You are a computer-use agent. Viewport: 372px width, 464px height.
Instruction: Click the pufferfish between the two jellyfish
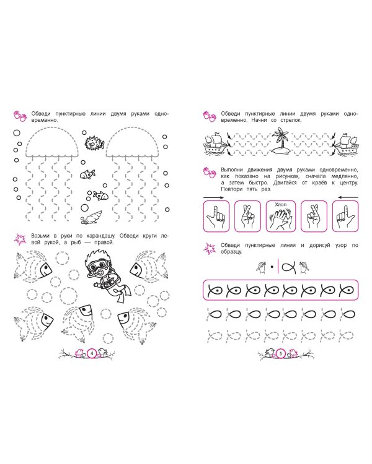[x=94, y=143]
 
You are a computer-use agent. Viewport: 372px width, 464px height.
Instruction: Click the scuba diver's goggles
[x=99, y=265]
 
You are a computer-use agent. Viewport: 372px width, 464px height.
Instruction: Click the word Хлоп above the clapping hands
[x=280, y=205]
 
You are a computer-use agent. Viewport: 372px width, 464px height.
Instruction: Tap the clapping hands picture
[x=280, y=218]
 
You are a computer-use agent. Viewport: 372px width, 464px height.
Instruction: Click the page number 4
[x=92, y=353]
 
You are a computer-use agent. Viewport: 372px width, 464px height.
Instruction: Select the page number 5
[x=281, y=353]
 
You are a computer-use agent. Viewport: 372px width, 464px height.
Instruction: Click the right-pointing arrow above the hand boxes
[x=213, y=197]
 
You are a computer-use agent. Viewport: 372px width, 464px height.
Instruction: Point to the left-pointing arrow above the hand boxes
[x=348, y=197]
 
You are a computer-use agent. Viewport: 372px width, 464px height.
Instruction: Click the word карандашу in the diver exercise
[x=100, y=236]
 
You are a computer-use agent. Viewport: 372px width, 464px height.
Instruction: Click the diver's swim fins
[x=124, y=293]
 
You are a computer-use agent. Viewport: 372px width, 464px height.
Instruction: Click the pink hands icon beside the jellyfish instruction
[x=20, y=116]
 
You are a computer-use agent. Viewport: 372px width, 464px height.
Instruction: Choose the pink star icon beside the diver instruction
[x=20, y=239]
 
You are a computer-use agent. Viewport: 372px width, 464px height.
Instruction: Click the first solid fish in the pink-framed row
[x=215, y=290]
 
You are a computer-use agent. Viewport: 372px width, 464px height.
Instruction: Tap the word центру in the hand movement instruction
[x=347, y=183]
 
